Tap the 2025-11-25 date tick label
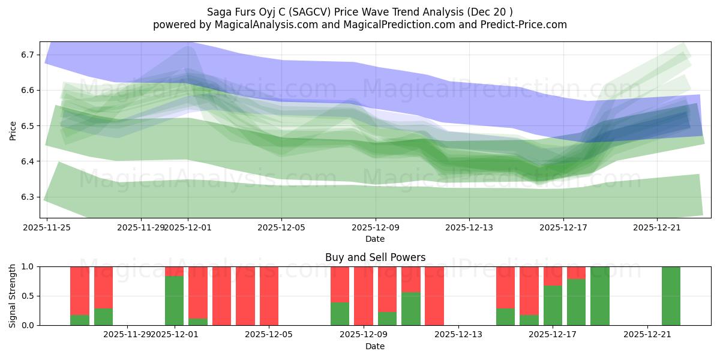(x=47, y=227)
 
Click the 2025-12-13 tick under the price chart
(x=469, y=227)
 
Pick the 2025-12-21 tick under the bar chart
(x=647, y=335)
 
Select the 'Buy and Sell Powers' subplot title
(x=375, y=257)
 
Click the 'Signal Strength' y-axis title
(x=13, y=296)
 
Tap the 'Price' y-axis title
(x=13, y=130)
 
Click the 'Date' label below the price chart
(x=375, y=239)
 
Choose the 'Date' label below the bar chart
(x=375, y=346)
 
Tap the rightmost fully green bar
(x=671, y=296)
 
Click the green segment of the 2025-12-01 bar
(x=175, y=301)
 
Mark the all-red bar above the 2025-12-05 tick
(x=269, y=296)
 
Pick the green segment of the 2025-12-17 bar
(x=553, y=305)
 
